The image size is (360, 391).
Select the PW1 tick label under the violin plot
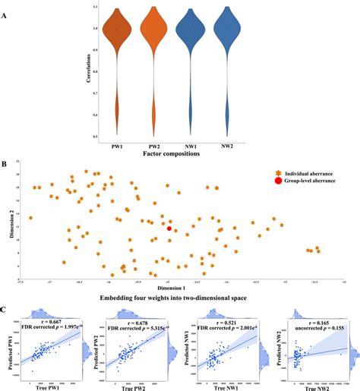[118, 143]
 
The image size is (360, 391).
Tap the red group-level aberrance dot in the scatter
[169, 228]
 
